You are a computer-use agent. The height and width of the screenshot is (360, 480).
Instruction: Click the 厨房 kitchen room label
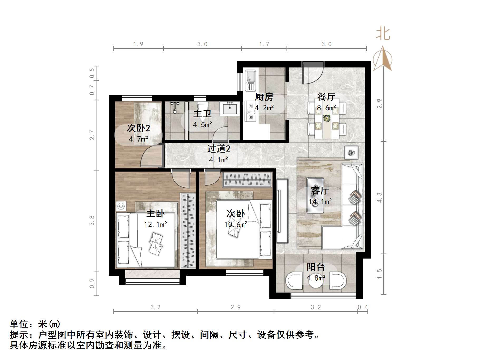click(264, 97)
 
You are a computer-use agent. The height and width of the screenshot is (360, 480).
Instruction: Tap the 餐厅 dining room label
click(326, 97)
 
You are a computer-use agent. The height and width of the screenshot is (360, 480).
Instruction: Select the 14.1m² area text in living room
click(320, 202)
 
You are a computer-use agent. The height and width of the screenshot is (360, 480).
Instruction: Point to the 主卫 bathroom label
click(202, 114)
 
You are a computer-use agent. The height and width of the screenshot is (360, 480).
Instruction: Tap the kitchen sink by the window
click(250, 77)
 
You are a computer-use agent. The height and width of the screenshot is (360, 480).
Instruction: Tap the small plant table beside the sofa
click(351, 152)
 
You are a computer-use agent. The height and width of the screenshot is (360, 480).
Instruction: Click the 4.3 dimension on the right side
click(379, 198)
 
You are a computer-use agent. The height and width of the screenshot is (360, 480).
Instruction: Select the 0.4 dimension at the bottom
click(363, 307)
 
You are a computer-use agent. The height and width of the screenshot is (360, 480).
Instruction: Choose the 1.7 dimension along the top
click(264, 44)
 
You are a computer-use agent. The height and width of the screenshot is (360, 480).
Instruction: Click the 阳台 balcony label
click(316, 267)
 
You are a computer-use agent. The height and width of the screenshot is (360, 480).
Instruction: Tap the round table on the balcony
click(316, 281)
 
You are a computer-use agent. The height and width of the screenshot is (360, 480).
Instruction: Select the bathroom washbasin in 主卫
click(230, 109)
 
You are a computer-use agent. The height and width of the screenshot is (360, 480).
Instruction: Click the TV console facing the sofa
click(282, 211)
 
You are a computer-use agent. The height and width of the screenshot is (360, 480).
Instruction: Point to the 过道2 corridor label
click(219, 149)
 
